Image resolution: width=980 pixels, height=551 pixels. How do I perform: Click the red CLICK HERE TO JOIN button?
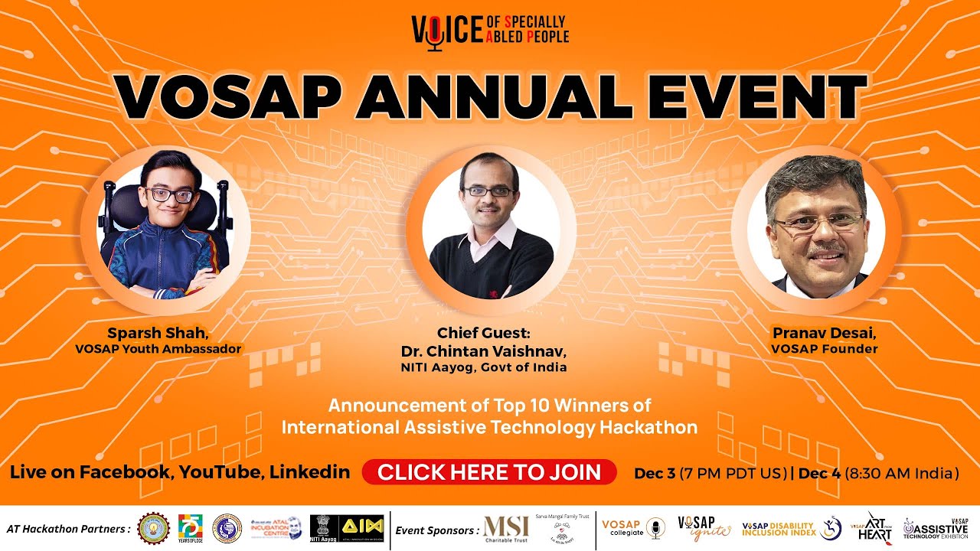[489, 472]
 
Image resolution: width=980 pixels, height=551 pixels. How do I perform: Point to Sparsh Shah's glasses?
[169, 195]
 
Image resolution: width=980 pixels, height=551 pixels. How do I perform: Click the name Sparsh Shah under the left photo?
[156, 334]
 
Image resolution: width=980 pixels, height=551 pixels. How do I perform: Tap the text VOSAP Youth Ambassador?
[158, 349]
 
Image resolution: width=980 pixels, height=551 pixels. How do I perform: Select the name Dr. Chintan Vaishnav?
[484, 351]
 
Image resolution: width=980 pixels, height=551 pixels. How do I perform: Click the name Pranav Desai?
[823, 334]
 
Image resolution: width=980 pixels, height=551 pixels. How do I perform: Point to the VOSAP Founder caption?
[824, 349]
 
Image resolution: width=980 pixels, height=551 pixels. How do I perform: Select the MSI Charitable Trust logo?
[506, 528]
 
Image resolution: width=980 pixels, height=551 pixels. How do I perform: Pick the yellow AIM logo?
[362, 527]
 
